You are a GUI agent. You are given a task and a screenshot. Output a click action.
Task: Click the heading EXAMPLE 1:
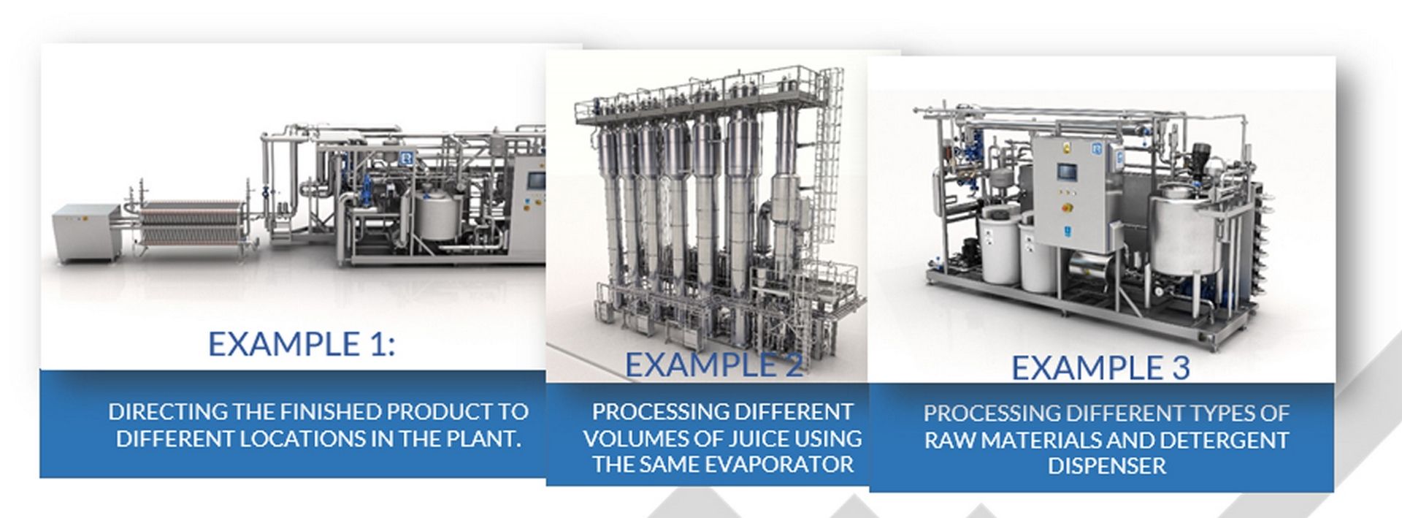pos(301,343)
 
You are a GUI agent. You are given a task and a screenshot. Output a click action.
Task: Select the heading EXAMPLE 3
pos(1100,367)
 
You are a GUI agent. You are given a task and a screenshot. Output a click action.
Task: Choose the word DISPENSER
pos(1107,466)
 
